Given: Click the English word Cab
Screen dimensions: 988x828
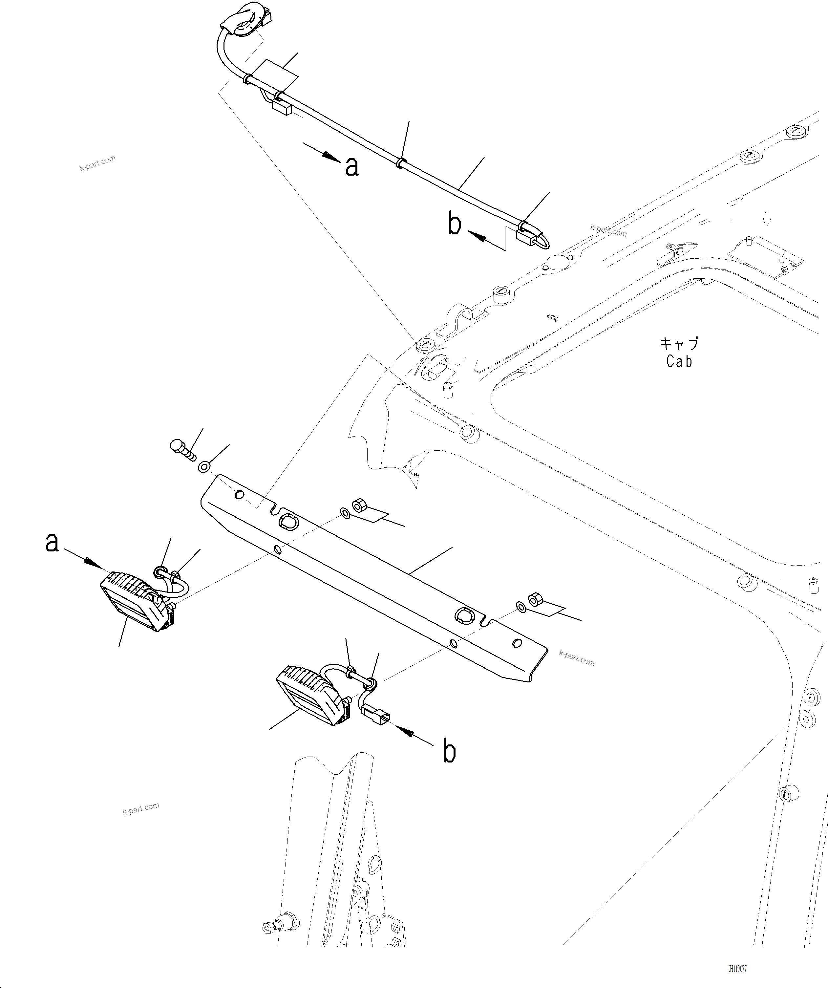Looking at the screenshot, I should click(679, 361).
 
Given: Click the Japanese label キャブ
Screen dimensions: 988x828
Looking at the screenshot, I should click(679, 343).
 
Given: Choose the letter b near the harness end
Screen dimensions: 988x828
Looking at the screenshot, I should click(455, 225).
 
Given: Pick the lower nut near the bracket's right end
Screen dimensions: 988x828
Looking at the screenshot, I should click(535, 600).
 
